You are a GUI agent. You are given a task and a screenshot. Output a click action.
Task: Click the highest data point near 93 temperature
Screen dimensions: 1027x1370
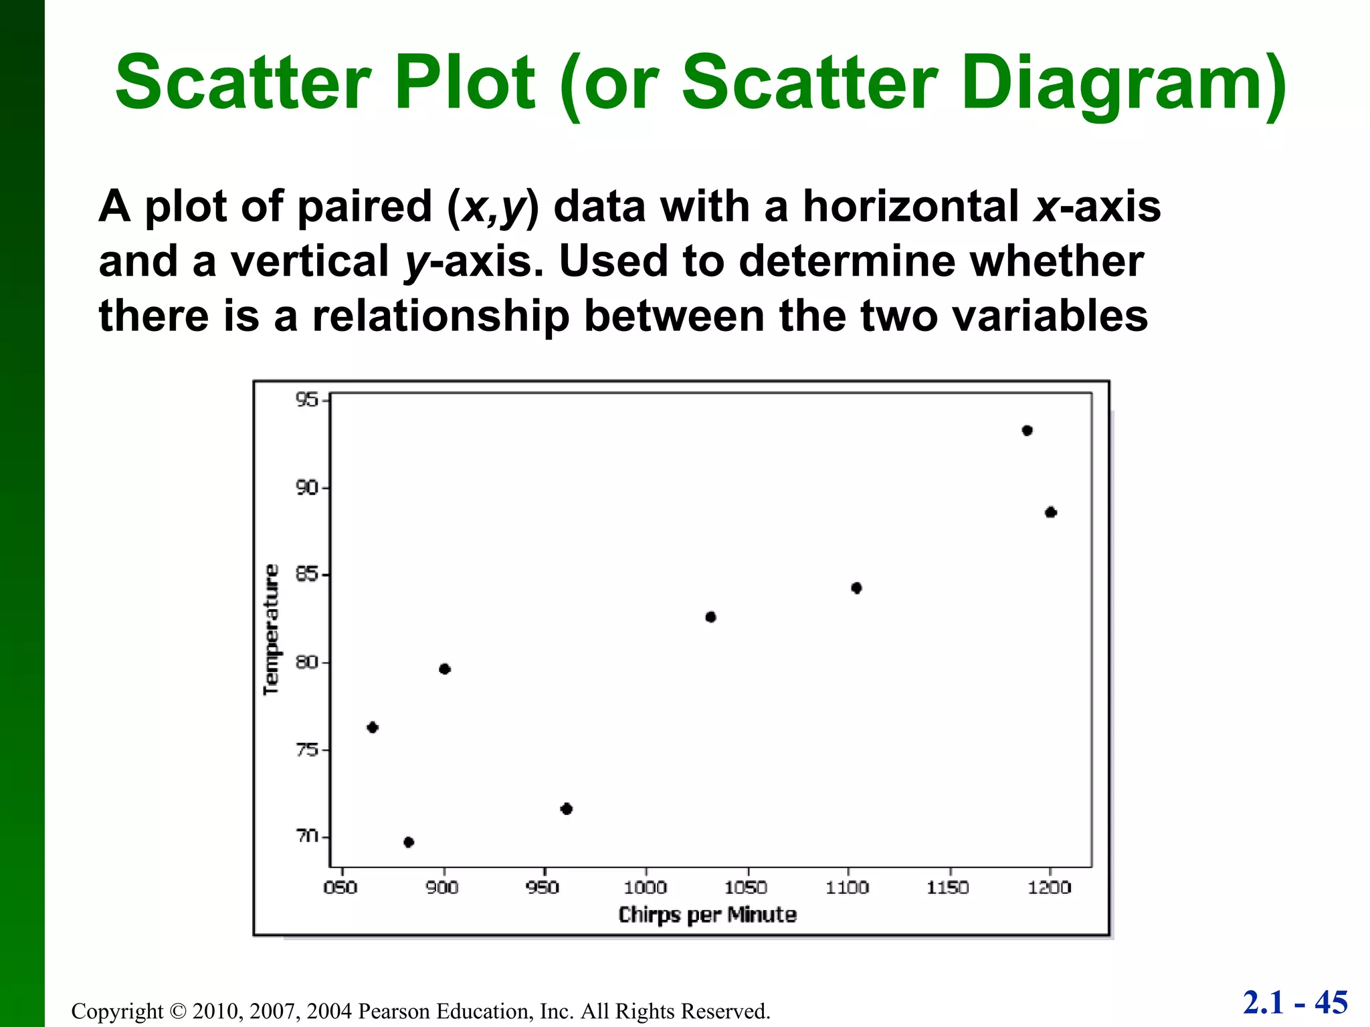pos(1027,431)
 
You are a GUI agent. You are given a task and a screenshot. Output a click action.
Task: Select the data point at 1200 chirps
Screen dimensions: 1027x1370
pos(1050,513)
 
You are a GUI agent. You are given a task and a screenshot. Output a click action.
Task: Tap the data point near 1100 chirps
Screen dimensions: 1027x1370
pos(856,588)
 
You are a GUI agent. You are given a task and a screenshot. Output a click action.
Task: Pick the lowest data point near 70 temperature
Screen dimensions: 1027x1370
pos(409,842)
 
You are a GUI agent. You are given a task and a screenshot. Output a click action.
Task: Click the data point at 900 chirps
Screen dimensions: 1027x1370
pos(445,669)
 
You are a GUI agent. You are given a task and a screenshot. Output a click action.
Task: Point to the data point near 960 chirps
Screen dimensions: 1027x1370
pos(567,809)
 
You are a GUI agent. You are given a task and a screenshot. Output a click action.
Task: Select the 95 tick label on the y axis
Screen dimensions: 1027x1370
pos(307,400)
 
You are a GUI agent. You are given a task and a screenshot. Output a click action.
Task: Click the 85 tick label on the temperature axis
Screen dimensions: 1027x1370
pos(307,575)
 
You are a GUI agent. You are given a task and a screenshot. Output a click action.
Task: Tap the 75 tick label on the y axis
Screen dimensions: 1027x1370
pos(307,750)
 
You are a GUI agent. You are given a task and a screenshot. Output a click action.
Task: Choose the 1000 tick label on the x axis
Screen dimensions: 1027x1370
pos(646,888)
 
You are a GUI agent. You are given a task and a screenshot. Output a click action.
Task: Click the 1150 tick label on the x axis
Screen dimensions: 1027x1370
pos(948,888)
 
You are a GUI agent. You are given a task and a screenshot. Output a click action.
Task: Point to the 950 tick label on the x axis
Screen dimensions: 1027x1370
pos(543,888)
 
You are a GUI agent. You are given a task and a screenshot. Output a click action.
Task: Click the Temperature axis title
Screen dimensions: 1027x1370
pos(271,630)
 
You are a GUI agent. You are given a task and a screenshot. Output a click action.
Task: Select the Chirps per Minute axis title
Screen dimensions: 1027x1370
pos(707,915)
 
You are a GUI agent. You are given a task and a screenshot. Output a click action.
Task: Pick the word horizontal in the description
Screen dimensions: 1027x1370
pos(910,206)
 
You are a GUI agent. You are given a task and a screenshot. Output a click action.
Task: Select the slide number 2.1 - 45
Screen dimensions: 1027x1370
pos(1295,1003)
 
